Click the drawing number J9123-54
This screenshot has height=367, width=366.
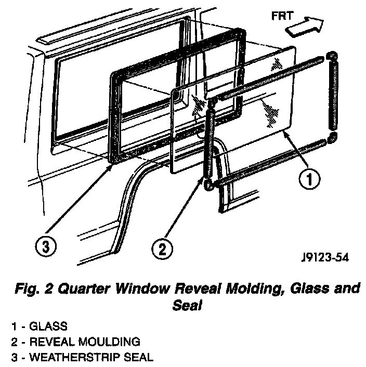[324, 257]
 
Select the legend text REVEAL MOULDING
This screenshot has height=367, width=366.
[84, 342]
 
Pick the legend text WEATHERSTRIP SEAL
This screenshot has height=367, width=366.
[91, 357]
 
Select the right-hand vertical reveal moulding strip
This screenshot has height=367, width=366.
[332, 96]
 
